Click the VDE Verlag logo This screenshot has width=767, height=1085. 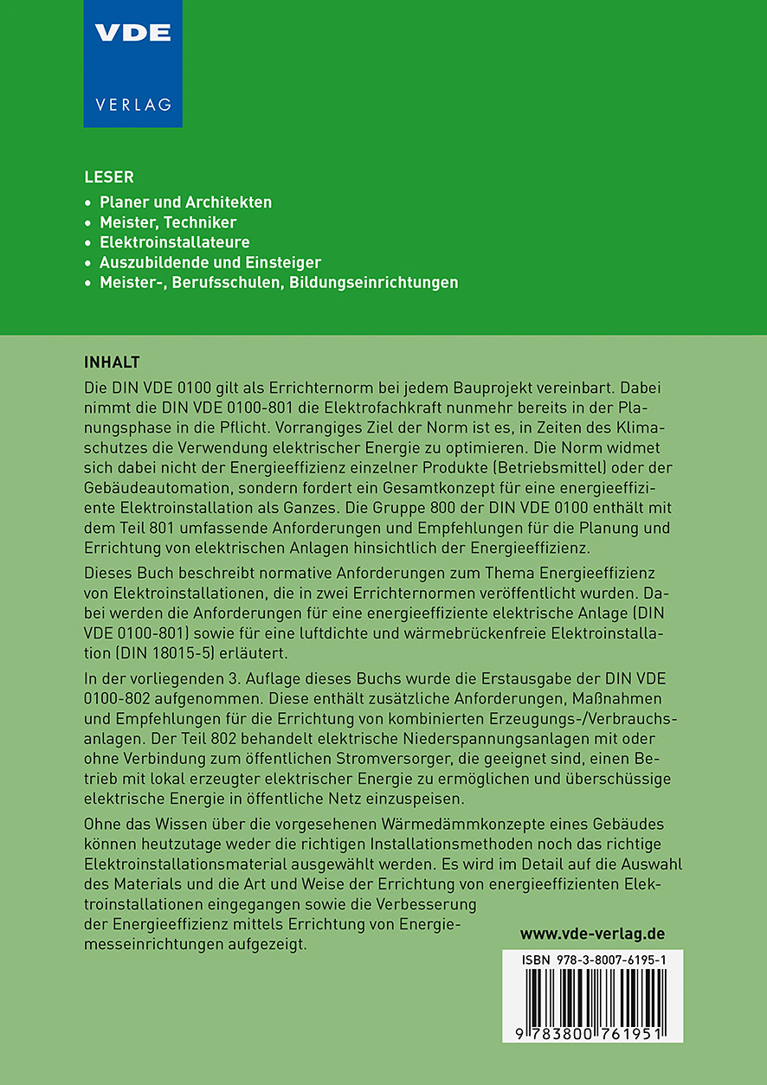[x=132, y=63]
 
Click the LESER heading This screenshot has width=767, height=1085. [x=109, y=177]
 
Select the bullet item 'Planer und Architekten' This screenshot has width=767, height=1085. [x=186, y=202]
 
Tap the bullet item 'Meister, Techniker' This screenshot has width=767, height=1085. [x=168, y=222]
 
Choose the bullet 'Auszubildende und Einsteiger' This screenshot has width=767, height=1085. [x=210, y=262]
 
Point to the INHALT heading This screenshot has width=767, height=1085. [x=112, y=361]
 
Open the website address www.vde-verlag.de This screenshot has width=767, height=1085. [x=592, y=934]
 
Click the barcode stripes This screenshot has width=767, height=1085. [x=592, y=998]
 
